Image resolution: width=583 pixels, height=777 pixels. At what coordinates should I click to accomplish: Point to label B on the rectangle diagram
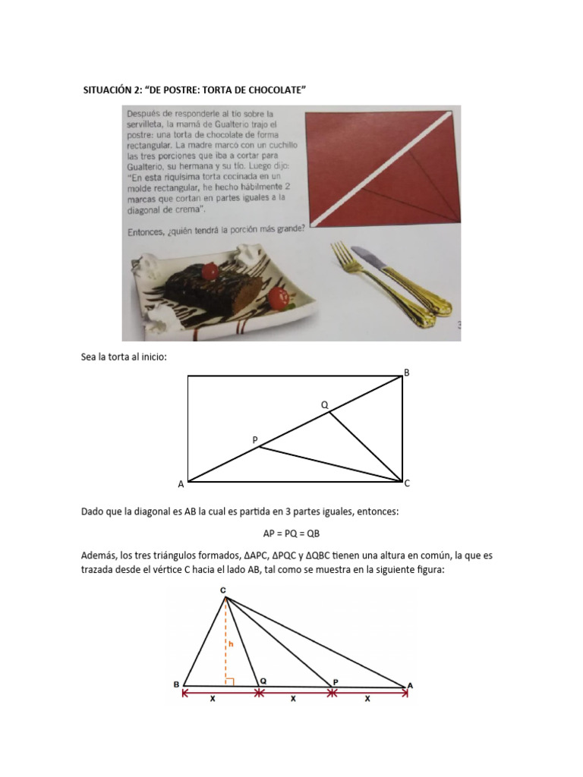click(406, 372)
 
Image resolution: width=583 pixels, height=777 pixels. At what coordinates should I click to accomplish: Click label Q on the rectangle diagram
click(324, 405)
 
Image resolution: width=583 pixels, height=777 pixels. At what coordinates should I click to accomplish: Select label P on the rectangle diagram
click(255, 439)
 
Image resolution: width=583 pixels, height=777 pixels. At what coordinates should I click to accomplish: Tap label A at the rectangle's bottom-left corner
click(181, 484)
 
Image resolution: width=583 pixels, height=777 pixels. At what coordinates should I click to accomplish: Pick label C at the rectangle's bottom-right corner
click(408, 483)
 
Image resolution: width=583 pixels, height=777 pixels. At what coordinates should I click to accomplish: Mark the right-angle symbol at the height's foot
click(228, 681)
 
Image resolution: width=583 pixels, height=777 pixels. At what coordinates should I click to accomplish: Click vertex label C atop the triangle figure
click(222, 590)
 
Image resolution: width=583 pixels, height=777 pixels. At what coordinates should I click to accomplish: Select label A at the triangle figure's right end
click(410, 686)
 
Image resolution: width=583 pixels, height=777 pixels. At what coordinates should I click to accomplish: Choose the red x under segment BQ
click(213, 700)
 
